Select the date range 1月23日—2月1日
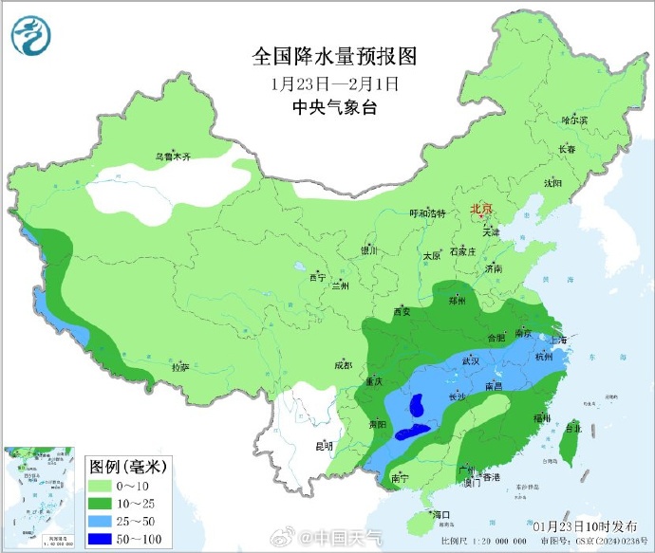334,83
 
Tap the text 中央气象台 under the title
334,107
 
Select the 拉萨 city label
179,366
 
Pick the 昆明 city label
325,445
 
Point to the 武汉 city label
471,360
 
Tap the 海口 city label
439,514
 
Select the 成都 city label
343,365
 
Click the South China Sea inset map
42,496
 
